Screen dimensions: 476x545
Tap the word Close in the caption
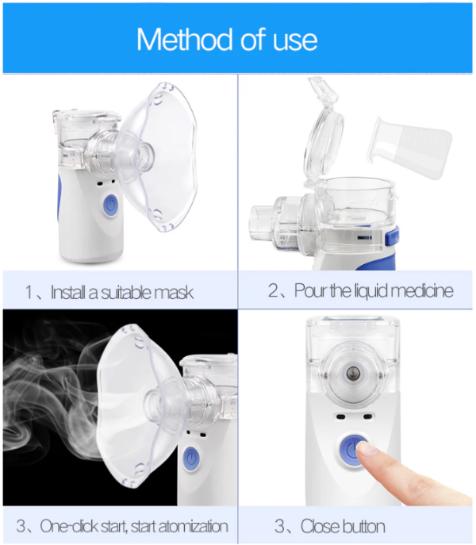tap(320, 526)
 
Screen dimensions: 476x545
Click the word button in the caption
tap(363, 526)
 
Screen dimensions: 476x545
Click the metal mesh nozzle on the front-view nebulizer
tap(353, 374)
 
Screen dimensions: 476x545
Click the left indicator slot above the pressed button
tap(340, 416)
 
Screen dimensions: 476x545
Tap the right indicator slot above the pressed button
tap(367, 416)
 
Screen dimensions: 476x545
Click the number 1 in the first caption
tap(29, 293)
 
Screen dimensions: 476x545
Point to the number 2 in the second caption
tap(273, 291)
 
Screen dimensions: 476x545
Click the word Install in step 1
tap(68, 292)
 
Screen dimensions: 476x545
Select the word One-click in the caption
tap(69, 526)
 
